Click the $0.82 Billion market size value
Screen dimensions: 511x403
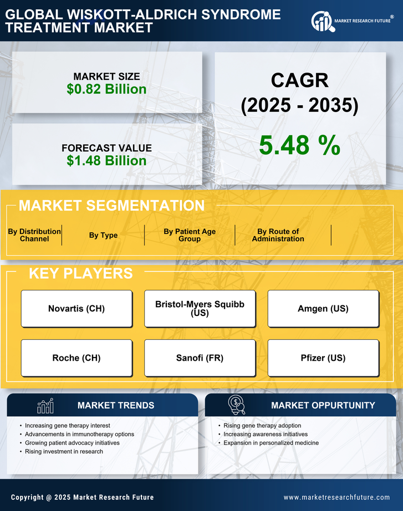(x=106, y=89)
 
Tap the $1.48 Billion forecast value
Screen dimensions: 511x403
(x=106, y=161)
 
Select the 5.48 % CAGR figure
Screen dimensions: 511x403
(x=299, y=146)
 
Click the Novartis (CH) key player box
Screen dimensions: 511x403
(x=76, y=309)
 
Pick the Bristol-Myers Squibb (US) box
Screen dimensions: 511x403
(x=200, y=309)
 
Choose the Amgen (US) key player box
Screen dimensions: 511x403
(x=323, y=309)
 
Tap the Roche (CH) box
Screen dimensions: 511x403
(x=76, y=358)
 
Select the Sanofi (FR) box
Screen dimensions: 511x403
(x=200, y=358)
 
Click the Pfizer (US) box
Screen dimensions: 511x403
(x=323, y=358)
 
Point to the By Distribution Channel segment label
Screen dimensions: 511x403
(x=34, y=235)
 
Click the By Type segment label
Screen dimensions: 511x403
(x=103, y=235)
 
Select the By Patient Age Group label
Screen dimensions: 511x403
(x=190, y=235)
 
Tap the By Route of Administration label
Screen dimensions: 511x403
(x=278, y=235)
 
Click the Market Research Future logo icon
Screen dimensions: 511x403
(x=322, y=22)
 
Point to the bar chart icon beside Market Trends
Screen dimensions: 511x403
(x=45, y=406)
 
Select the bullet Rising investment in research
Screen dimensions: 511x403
(x=64, y=452)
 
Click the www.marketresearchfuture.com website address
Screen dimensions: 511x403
(x=336, y=497)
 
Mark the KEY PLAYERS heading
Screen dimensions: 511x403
(x=80, y=273)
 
